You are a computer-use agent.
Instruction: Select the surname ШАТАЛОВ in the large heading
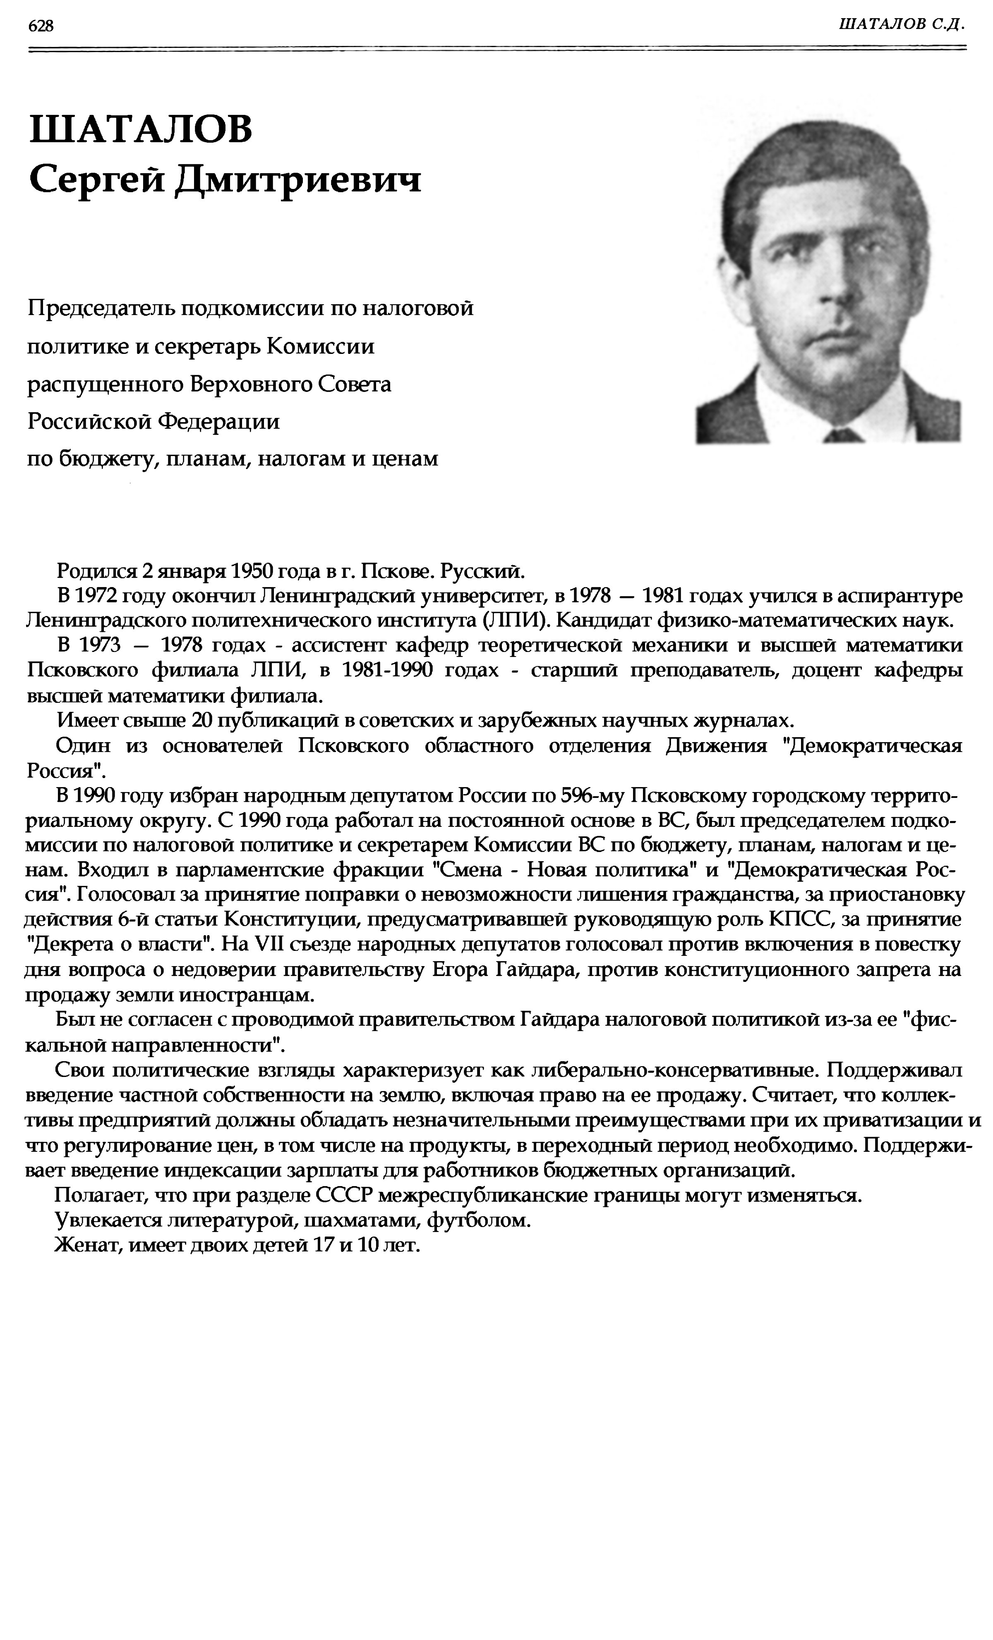(x=141, y=129)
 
